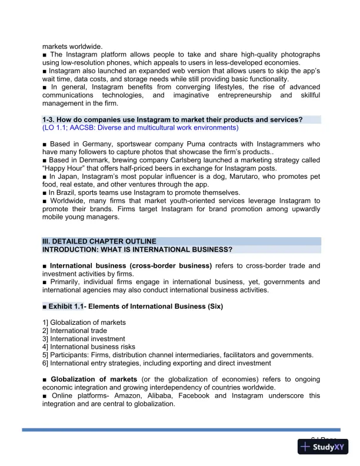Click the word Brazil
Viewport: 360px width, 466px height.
69,192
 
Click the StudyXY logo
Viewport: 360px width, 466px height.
323,447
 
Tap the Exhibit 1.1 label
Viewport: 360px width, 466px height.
64,307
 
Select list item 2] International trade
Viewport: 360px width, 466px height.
75,331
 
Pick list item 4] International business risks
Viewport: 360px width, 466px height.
89,347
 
